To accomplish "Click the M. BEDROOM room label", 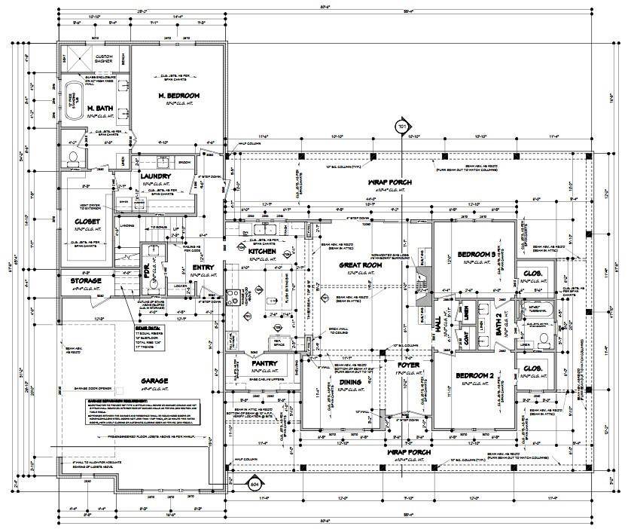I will (178, 96).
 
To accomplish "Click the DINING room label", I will (350, 383).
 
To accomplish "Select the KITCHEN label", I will (264, 251).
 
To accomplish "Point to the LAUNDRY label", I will (157, 177).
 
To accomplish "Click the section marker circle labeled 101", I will (401, 127).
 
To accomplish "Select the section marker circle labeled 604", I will (255, 484).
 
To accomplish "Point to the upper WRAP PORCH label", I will (388, 182).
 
